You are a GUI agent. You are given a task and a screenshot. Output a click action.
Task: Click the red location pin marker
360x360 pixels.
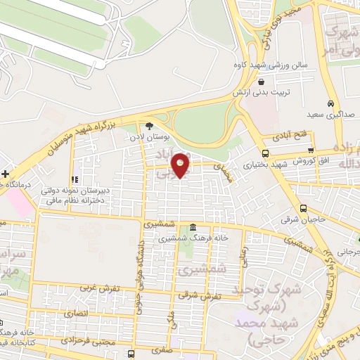(x=181, y=166)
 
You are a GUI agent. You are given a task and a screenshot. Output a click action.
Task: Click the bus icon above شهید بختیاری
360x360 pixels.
(x=265, y=153)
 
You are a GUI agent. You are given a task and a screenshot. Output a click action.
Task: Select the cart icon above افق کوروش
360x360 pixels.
(x=311, y=150)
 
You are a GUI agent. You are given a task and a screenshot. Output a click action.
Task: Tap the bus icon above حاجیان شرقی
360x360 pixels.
(x=303, y=208)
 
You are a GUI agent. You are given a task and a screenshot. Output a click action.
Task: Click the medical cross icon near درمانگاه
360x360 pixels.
(x=5, y=173)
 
